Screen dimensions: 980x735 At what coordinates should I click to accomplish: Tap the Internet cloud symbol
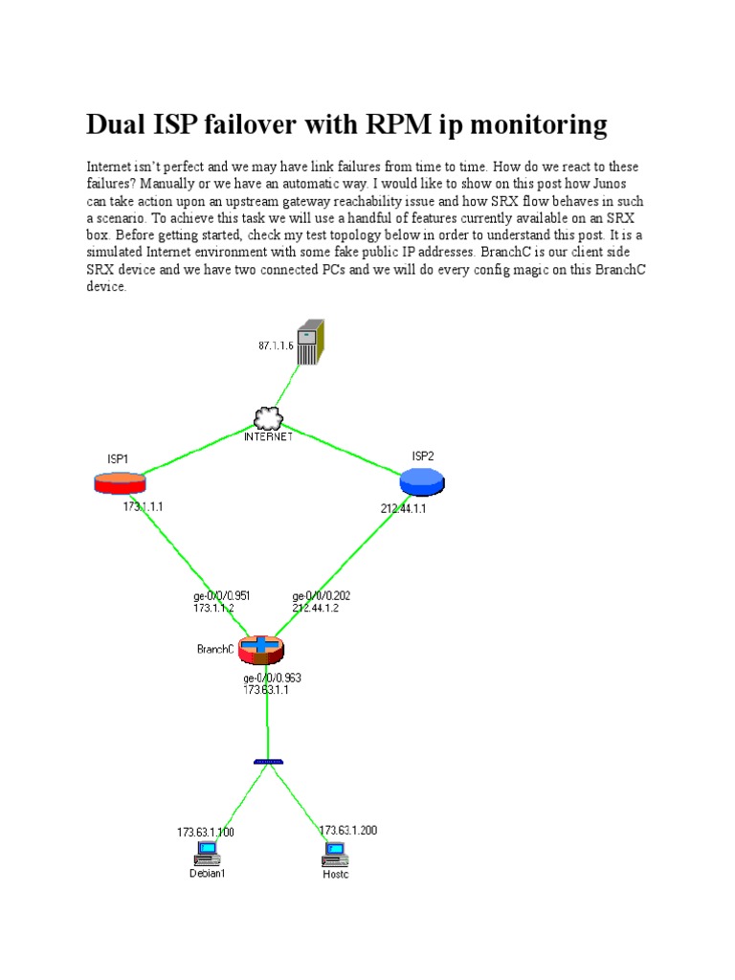point(269,418)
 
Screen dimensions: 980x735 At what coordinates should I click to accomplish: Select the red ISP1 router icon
point(120,482)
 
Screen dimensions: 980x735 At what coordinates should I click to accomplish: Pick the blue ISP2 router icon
point(422,481)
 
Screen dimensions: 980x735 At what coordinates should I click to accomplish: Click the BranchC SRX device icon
point(261,649)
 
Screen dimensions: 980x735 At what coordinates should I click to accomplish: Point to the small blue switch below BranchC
point(268,762)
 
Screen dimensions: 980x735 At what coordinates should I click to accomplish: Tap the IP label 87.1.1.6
point(277,345)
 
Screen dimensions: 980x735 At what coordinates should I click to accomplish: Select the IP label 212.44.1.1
point(403,509)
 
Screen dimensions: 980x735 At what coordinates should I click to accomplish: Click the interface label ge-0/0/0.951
point(222,595)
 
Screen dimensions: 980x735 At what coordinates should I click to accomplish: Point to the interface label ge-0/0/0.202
point(321,595)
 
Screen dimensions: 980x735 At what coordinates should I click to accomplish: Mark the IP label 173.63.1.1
point(266,689)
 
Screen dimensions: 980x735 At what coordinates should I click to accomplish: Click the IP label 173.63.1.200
point(348,830)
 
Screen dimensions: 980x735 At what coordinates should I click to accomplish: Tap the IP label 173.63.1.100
point(206,832)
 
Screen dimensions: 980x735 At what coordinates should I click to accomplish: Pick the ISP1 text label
point(118,458)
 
